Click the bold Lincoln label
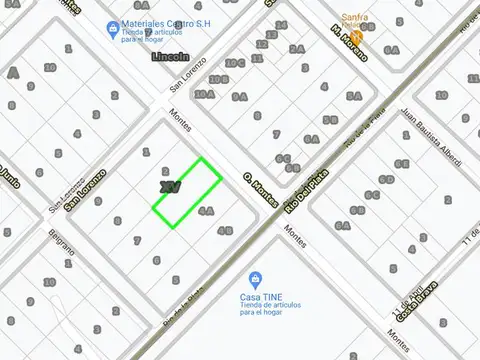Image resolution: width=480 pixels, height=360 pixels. [170, 57]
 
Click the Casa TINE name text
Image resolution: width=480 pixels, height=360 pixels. [257, 297]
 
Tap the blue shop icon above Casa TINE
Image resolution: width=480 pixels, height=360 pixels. [256, 277]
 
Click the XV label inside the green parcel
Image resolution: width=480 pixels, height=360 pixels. [170, 187]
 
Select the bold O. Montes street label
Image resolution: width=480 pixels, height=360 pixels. [259, 188]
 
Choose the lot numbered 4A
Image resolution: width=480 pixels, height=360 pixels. [206, 211]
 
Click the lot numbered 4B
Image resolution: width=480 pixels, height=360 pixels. [226, 230]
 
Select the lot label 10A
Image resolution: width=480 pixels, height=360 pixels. [204, 94]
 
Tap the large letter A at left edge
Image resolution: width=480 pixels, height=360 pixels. [13, 73]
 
